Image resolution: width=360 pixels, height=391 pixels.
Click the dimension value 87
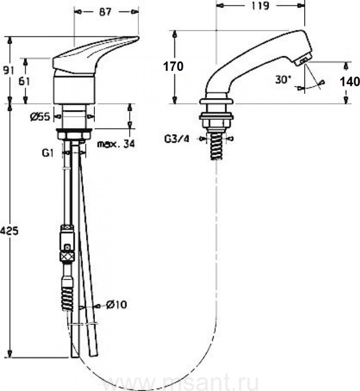105,12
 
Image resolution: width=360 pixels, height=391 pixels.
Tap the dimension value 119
260,6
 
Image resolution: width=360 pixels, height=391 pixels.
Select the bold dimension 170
173,66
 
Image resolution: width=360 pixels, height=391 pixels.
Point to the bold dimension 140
350,82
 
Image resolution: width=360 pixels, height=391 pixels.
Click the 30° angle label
283,80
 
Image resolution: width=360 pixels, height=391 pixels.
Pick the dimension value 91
9,70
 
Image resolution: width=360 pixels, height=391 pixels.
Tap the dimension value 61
24,81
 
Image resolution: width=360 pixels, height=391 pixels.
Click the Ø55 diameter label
40,116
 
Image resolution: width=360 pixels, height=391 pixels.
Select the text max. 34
116,144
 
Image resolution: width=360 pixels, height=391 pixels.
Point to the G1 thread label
48,153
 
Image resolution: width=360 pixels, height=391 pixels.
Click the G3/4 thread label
177,139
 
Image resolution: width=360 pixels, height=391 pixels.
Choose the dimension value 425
9,231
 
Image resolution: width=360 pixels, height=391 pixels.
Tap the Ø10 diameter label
117,305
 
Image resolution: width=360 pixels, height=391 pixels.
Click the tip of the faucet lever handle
138,38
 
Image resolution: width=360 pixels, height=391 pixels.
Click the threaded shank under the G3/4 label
216,147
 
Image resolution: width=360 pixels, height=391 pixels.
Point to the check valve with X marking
67,257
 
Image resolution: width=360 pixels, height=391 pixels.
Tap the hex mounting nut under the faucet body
74,135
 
